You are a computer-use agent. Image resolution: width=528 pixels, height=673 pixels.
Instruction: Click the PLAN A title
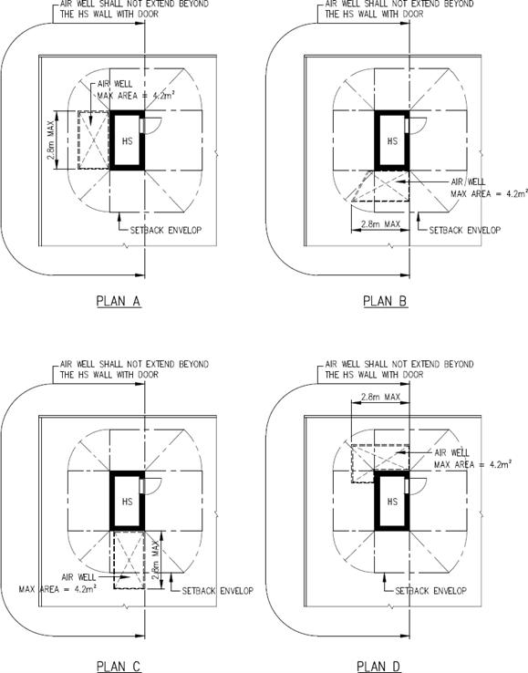tap(119, 301)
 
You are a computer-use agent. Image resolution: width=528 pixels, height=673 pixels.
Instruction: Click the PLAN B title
tap(385, 301)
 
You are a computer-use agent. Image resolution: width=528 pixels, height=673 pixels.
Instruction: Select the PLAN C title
tap(119, 667)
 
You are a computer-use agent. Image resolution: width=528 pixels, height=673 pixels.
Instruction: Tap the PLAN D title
tap(379, 667)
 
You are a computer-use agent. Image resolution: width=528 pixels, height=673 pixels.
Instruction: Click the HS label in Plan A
tap(128, 141)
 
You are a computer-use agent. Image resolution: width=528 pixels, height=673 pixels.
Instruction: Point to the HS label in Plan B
tap(393, 141)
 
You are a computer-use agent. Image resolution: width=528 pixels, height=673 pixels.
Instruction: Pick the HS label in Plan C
tap(128, 502)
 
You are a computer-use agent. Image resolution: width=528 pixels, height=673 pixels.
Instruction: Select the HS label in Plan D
tap(393, 502)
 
